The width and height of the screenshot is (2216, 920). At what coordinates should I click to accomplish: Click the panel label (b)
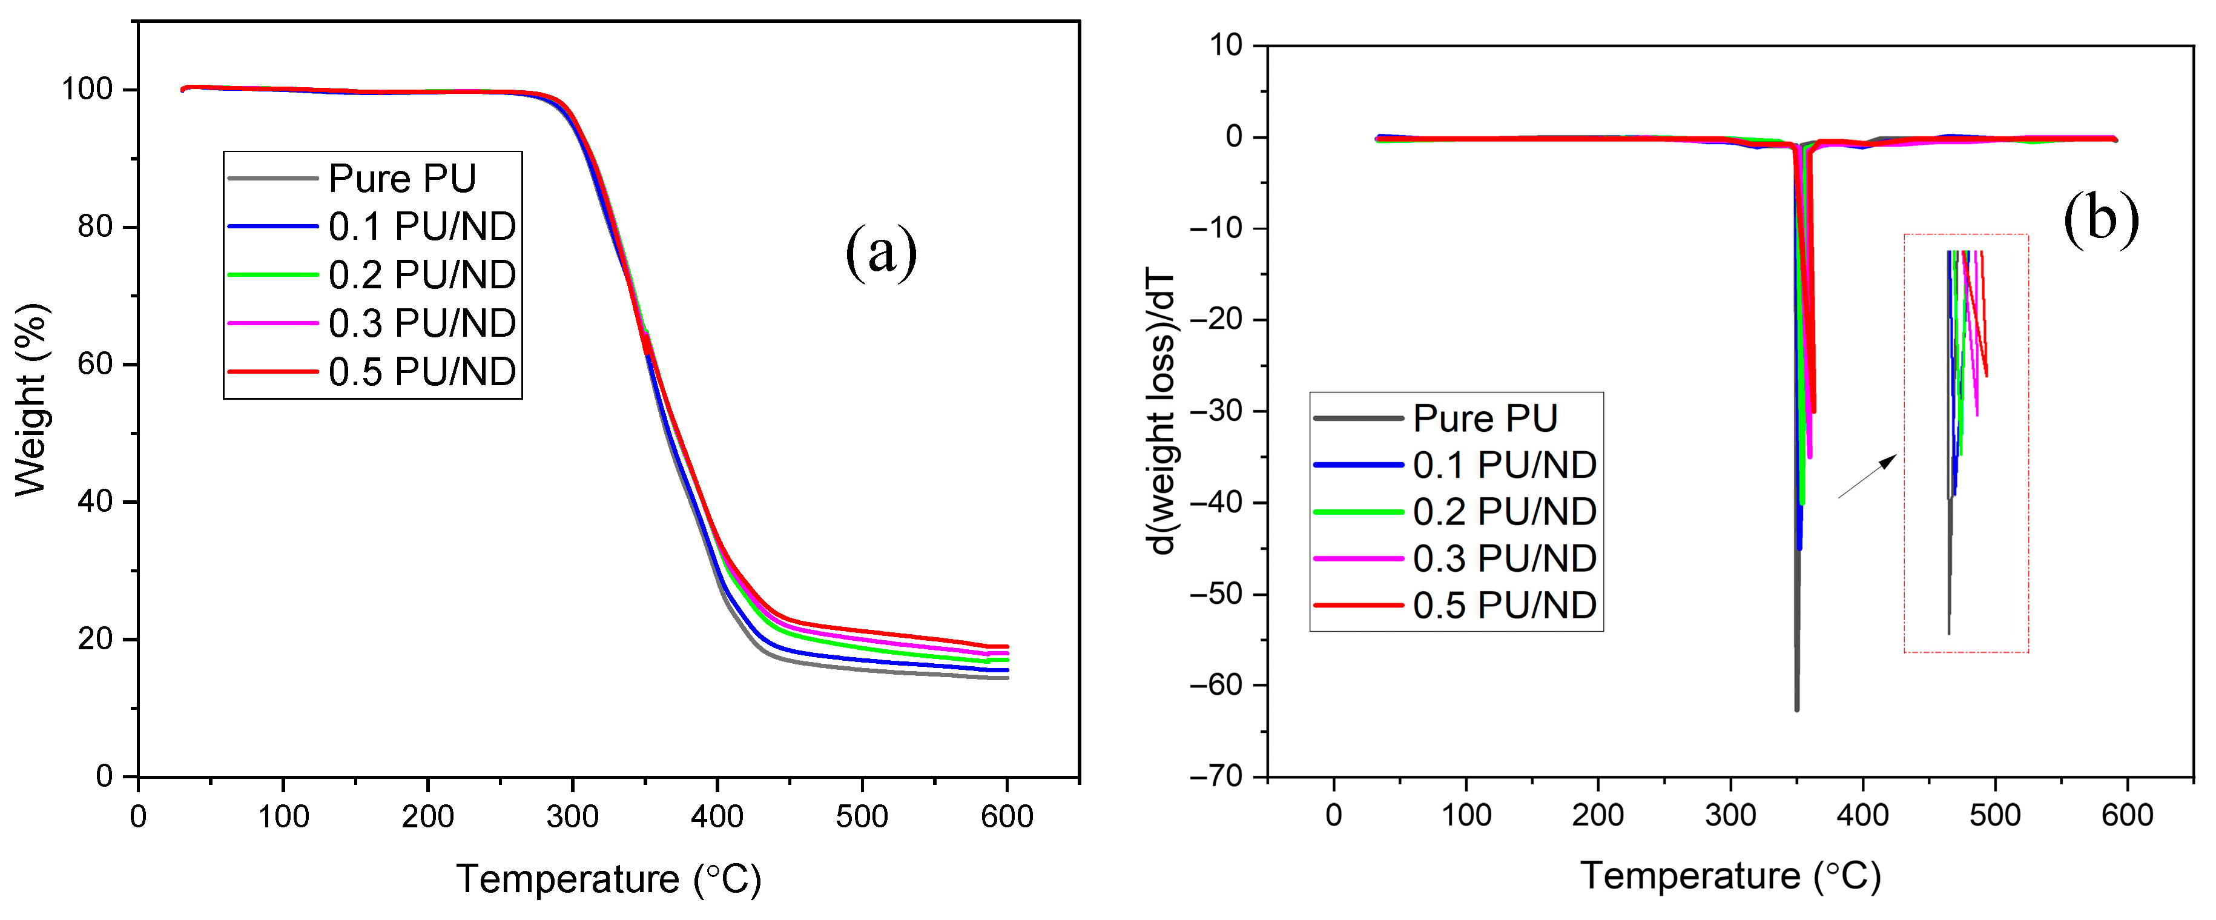pyautogui.click(x=2101, y=219)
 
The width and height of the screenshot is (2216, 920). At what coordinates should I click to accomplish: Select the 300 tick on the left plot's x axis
pyautogui.click(x=572, y=816)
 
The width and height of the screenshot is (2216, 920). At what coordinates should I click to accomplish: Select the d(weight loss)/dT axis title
pyautogui.click(x=1161, y=411)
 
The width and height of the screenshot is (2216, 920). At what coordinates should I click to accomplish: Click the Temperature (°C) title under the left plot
pyautogui.click(x=608, y=879)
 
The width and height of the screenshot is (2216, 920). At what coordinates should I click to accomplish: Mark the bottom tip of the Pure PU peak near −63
pyautogui.click(x=1796, y=709)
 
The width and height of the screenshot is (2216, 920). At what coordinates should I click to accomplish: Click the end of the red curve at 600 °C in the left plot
pyautogui.click(x=1006, y=646)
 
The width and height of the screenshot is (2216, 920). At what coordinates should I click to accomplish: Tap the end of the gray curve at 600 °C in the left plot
pyautogui.click(x=1006, y=678)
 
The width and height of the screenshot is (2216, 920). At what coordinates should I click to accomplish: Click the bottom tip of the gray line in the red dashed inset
pyautogui.click(x=1948, y=634)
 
